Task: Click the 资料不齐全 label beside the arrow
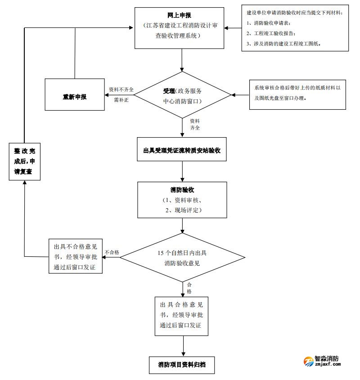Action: (121, 89)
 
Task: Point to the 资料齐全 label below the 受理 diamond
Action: (194, 125)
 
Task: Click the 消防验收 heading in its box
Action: (182, 190)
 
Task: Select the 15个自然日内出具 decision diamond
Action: (182, 258)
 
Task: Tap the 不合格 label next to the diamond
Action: (112, 252)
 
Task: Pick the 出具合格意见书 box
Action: (181, 315)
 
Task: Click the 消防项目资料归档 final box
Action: (182, 364)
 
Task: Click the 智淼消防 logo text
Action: (327, 359)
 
